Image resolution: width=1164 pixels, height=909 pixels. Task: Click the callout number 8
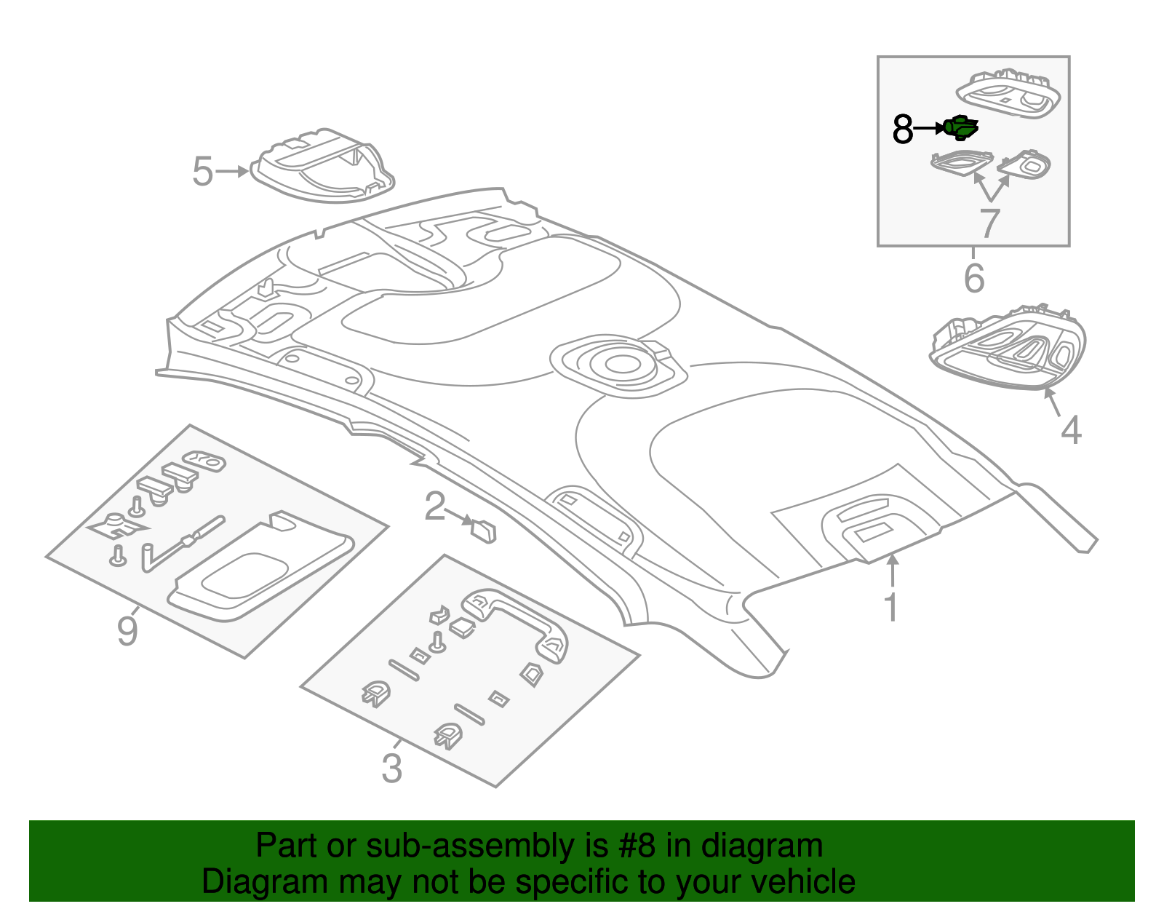click(x=903, y=129)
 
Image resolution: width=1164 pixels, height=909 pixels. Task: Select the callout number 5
click(x=202, y=172)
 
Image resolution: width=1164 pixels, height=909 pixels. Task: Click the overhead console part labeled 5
click(x=322, y=165)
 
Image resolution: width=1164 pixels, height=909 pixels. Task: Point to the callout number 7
click(x=989, y=223)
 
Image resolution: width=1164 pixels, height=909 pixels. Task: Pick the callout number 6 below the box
click(x=974, y=278)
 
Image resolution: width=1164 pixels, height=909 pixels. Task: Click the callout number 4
click(x=1071, y=430)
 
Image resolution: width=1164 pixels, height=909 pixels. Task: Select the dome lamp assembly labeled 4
click(x=1008, y=348)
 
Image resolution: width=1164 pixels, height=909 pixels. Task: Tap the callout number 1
click(x=891, y=608)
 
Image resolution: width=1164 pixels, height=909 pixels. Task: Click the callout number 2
click(x=434, y=507)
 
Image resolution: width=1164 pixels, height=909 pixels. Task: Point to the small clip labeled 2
click(x=483, y=531)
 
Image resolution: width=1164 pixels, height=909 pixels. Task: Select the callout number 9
click(x=127, y=632)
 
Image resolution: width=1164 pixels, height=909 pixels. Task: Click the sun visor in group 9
click(x=260, y=567)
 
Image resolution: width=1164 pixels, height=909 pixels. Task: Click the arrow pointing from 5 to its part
click(x=232, y=172)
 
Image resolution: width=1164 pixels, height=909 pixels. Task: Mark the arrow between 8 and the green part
click(x=929, y=129)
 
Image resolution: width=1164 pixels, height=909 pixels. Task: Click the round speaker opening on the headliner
click(x=622, y=364)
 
